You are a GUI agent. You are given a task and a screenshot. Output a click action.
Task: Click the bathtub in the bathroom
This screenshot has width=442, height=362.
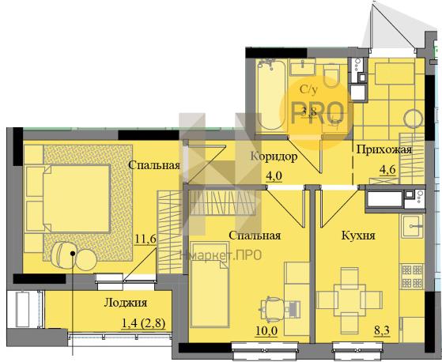(272, 95)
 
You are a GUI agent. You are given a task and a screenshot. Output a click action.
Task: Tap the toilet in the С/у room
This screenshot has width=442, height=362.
(331, 76)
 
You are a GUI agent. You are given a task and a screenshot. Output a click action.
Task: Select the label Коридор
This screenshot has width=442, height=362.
(274, 156)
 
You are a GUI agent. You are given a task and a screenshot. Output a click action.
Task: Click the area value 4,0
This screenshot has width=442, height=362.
(274, 176)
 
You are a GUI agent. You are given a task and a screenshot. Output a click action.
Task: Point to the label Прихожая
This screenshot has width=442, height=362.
(384, 149)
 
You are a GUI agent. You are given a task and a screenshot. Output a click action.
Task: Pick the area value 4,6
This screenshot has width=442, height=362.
(388, 170)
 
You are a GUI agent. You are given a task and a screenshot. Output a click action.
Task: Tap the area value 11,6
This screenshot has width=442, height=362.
(145, 239)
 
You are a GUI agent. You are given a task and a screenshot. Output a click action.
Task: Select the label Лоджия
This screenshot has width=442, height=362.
(126, 303)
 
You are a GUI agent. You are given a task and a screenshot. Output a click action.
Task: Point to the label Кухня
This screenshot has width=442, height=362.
(358, 236)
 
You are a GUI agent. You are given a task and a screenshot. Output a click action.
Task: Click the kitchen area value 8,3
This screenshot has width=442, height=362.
(382, 330)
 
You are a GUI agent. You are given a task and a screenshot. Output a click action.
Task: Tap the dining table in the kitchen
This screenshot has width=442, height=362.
(349, 300)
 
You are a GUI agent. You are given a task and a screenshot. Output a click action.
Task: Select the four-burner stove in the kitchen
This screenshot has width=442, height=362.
(412, 277)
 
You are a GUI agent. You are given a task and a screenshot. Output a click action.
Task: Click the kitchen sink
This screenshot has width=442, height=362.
(412, 226)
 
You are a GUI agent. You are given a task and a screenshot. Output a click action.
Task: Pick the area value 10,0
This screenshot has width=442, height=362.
(266, 331)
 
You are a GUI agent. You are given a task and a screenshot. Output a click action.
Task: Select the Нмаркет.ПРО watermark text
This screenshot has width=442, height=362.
(221, 255)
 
